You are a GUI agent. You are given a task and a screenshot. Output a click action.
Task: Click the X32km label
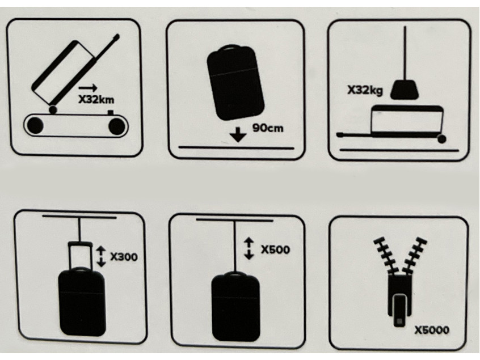pos(96,100)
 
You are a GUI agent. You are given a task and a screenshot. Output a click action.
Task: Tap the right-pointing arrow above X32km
pos(88,88)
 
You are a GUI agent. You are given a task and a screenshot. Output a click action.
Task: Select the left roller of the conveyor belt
pos(35,125)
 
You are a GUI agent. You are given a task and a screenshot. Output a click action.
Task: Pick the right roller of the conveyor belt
pos(117,126)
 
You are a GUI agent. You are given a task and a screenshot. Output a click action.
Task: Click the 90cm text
pos(268,128)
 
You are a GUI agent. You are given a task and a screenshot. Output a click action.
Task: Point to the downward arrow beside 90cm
pos(238,134)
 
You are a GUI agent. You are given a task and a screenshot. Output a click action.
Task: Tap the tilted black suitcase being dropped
pos(235,83)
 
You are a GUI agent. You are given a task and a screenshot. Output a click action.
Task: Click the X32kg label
pos(365,90)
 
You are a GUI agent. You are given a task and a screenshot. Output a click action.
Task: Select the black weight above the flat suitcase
pos(405,90)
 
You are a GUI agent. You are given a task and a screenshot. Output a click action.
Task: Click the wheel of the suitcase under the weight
pos(442,139)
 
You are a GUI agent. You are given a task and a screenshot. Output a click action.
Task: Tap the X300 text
pos(124,257)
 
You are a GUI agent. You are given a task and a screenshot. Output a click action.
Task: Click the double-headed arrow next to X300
pos(101,257)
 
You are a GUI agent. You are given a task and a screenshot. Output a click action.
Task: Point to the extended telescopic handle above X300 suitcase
pos(80,255)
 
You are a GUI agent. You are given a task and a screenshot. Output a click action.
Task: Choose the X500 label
pos(275,249)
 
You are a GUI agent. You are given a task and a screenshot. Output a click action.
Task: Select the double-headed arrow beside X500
pos(249,249)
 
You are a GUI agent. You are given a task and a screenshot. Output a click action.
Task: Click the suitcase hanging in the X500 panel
pos(235,307)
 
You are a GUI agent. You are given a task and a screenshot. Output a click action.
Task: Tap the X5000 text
pos(432,330)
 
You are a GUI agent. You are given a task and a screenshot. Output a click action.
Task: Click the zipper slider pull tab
pos(399,310)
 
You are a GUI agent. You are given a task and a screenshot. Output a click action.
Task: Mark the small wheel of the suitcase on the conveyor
pos(53,109)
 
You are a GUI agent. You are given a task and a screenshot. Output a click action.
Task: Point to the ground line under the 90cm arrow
pos(236,148)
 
